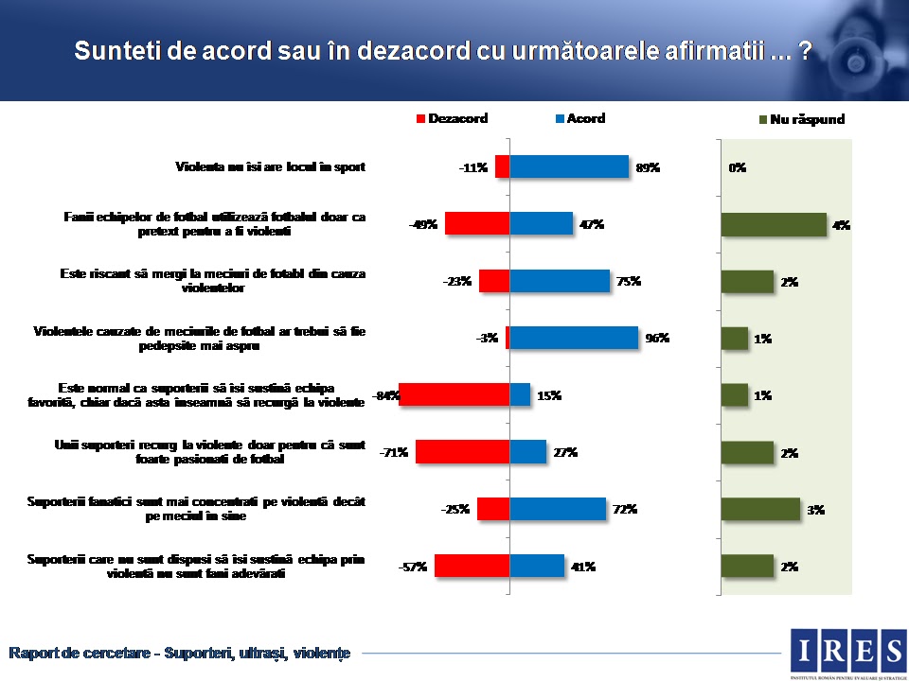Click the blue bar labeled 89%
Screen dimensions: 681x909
(569, 166)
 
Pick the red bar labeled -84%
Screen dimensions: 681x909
(454, 394)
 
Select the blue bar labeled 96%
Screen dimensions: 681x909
(574, 338)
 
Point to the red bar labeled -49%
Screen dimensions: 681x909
(477, 223)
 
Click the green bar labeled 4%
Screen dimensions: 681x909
(774, 224)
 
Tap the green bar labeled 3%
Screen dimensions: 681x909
(760, 509)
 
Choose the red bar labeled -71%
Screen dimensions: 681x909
(462, 451)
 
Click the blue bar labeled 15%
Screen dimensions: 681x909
(520, 394)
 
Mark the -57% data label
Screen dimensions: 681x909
(413, 567)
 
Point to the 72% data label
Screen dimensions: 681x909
(624, 510)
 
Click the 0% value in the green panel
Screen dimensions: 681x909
(738, 167)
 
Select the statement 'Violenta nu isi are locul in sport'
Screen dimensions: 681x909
(270, 167)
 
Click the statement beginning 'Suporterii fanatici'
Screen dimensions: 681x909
(195, 508)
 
